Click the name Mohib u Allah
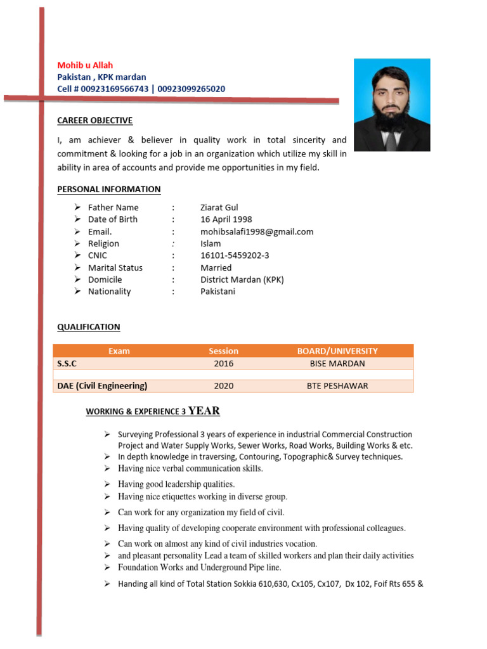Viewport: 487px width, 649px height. click(85, 65)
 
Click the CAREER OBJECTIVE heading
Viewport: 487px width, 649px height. click(94, 120)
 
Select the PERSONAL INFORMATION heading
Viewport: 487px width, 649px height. click(108, 189)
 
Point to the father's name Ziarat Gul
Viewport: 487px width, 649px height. click(219, 207)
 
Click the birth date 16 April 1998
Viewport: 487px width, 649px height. click(226, 219)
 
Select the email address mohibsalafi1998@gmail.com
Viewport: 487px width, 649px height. click(257, 231)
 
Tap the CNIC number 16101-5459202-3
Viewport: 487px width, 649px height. click(235, 255)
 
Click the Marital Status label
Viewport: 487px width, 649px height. click(115, 267)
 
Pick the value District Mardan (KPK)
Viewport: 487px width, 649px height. click(242, 280)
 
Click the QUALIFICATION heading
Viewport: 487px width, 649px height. click(88, 327)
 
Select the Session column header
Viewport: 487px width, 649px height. click(223, 351)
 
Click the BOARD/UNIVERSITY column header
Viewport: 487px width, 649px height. click(337, 351)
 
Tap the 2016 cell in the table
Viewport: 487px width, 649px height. click(223, 364)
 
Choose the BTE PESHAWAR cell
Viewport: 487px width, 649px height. click(337, 386)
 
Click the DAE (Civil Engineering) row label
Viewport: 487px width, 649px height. click(102, 386)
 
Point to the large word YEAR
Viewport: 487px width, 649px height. click(204, 411)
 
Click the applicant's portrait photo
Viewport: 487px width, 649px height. click(392, 105)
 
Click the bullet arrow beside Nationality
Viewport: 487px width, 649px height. click(77, 292)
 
